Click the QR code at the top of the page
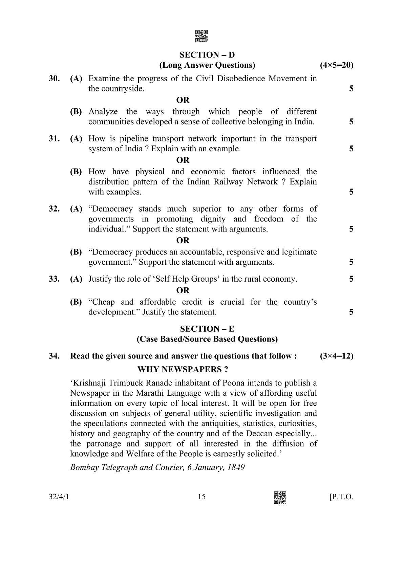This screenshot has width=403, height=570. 201,37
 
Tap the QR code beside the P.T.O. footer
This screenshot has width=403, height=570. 280,497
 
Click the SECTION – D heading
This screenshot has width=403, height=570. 207,55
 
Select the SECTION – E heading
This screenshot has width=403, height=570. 207,329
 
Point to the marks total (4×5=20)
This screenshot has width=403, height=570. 336,65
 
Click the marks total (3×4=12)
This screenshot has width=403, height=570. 336,356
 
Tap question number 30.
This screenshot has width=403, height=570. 54,79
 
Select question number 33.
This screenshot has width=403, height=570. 54,279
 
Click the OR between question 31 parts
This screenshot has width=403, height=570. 183,160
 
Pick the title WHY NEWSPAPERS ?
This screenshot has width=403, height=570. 183,369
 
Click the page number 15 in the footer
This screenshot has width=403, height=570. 201,497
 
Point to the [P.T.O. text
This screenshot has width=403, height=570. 341,497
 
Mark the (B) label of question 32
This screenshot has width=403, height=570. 76,252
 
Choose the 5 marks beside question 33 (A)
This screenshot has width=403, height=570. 351,279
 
